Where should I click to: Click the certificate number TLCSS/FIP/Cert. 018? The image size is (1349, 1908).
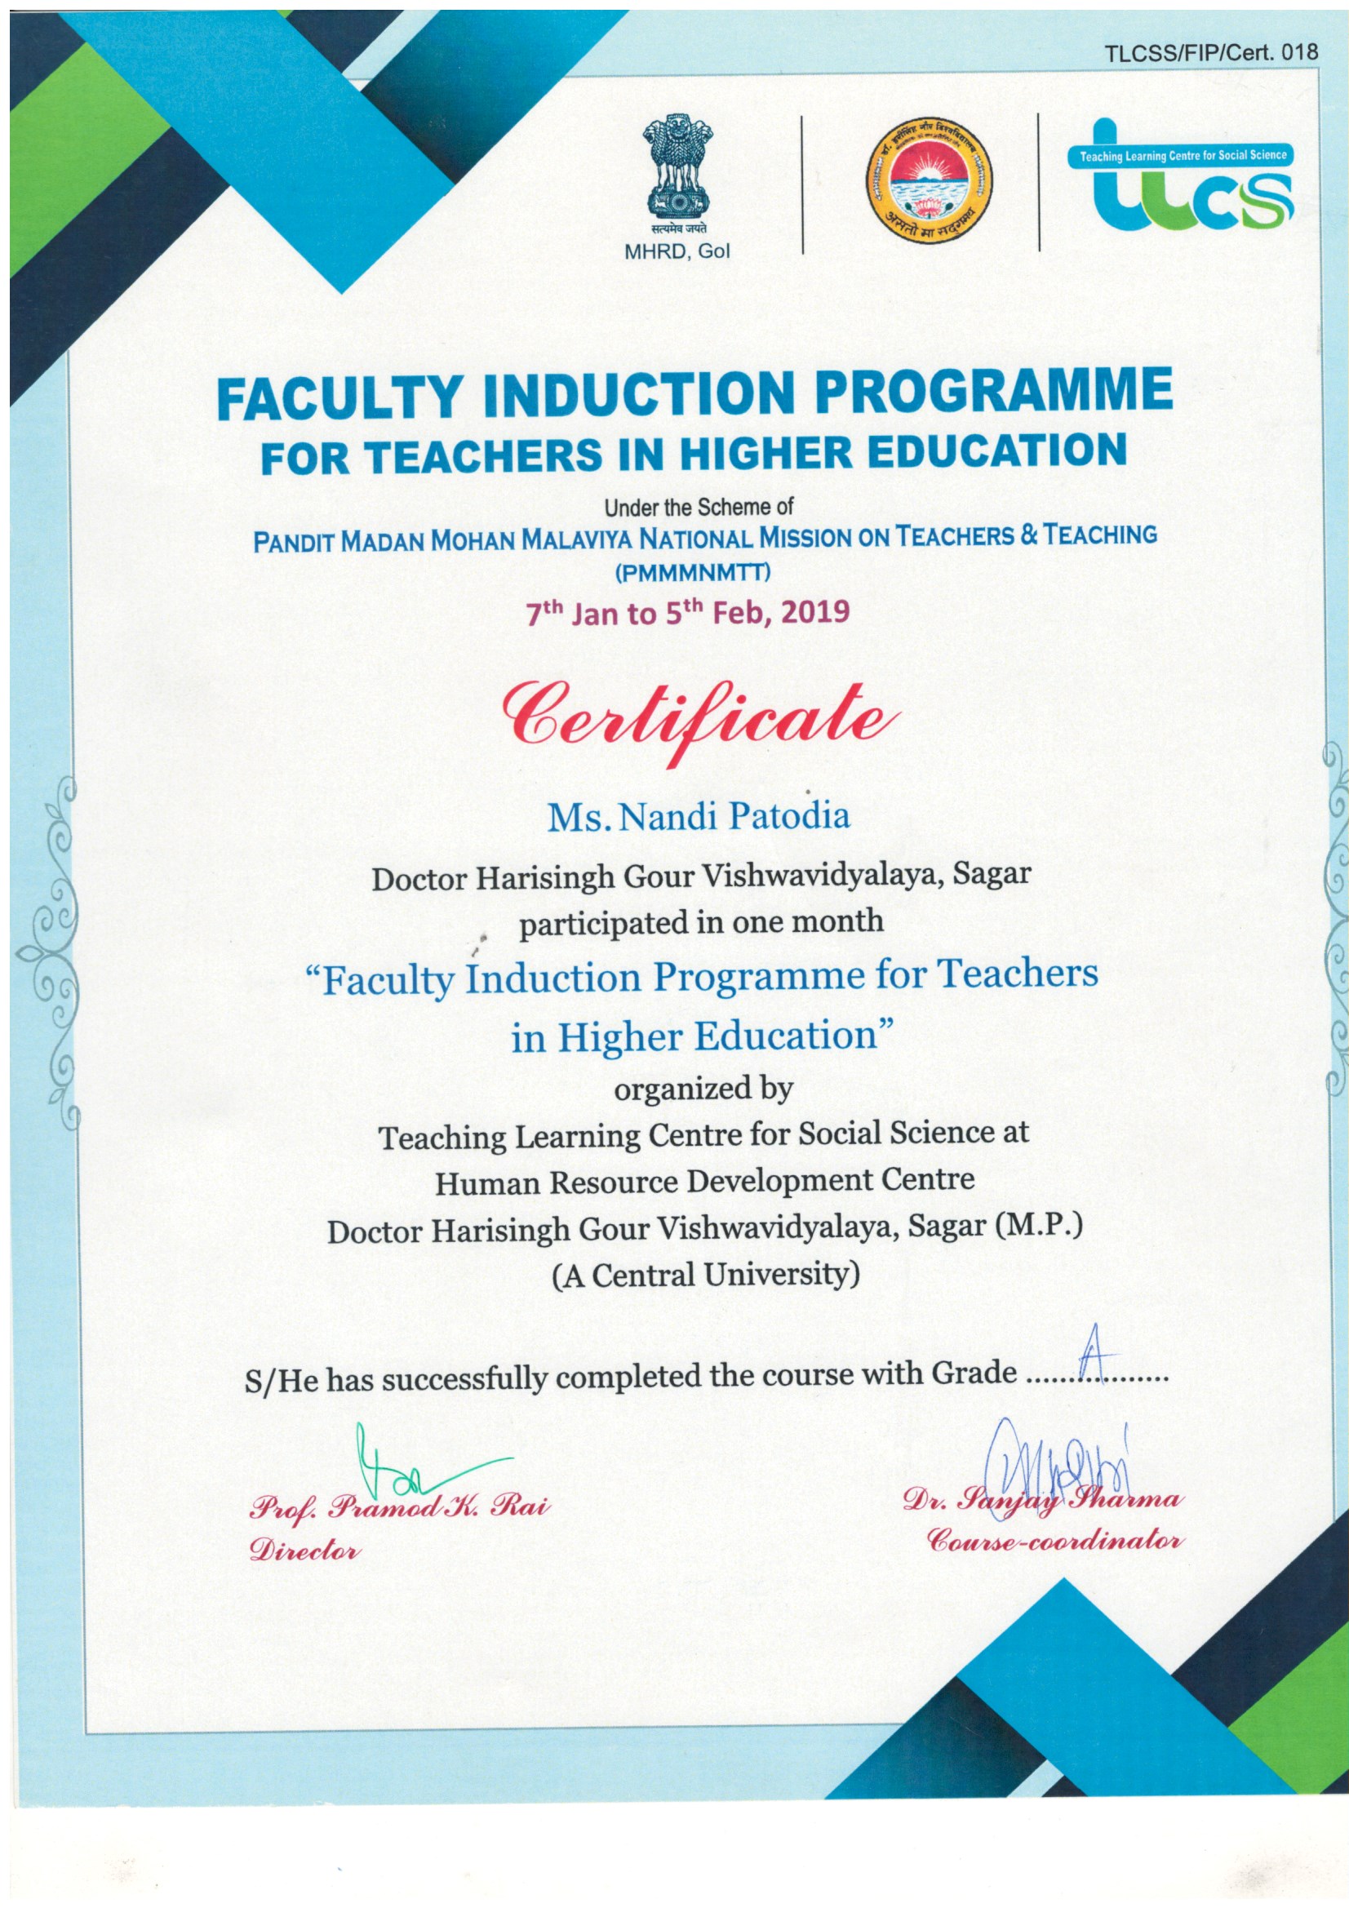pyautogui.click(x=1211, y=52)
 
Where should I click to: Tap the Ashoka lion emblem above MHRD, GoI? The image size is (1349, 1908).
pyautogui.click(x=677, y=170)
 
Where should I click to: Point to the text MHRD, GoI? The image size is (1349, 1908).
pyautogui.click(x=677, y=253)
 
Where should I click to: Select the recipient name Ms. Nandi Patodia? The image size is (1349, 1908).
pyautogui.click(x=699, y=816)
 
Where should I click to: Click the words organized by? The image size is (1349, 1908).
pyautogui.click(x=703, y=1089)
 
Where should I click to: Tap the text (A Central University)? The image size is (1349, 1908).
pyautogui.click(x=705, y=1274)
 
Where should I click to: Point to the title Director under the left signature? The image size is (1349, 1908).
pyautogui.click(x=306, y=1550)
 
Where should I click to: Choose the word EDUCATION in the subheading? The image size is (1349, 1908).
pyautogui.click(x=984, y=451)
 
